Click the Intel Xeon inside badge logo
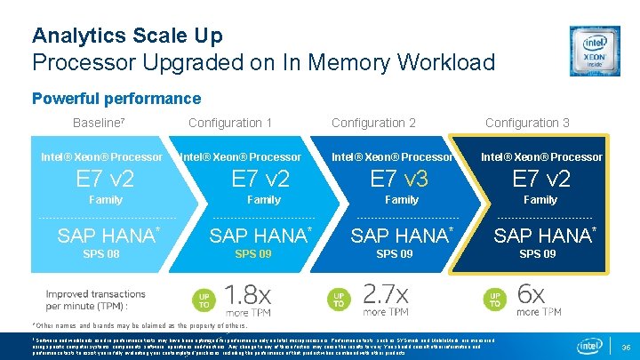point(595,50)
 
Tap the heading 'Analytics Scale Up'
point(127,36)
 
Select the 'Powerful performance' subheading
point(116,99)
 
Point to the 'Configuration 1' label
point(230,123)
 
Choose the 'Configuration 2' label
point(373,123)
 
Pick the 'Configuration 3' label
point(527,123)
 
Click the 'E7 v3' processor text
point(399,179)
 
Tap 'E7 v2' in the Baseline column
point(105,179)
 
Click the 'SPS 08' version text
point(100,254)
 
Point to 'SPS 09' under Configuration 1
point(253,254)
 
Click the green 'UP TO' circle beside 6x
point(494,300)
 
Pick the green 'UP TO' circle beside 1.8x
point(204,300)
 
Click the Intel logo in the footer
point(590,345)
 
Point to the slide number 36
point(625,346)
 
